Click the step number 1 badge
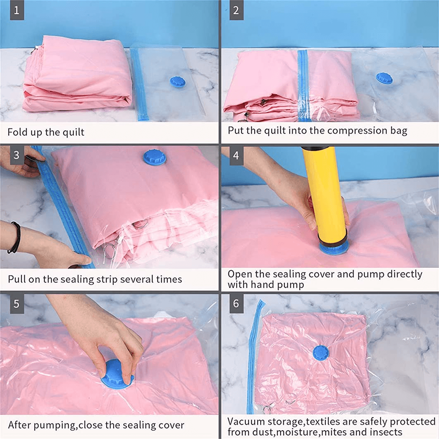point(17,10)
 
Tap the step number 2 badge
point(236,10)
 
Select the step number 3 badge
point(17,155)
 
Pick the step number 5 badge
point(17,303)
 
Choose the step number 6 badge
point(236,303)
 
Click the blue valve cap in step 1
point(178,81)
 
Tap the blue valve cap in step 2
point(384,79)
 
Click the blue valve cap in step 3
point(154,157)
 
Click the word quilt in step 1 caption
point(73,132)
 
